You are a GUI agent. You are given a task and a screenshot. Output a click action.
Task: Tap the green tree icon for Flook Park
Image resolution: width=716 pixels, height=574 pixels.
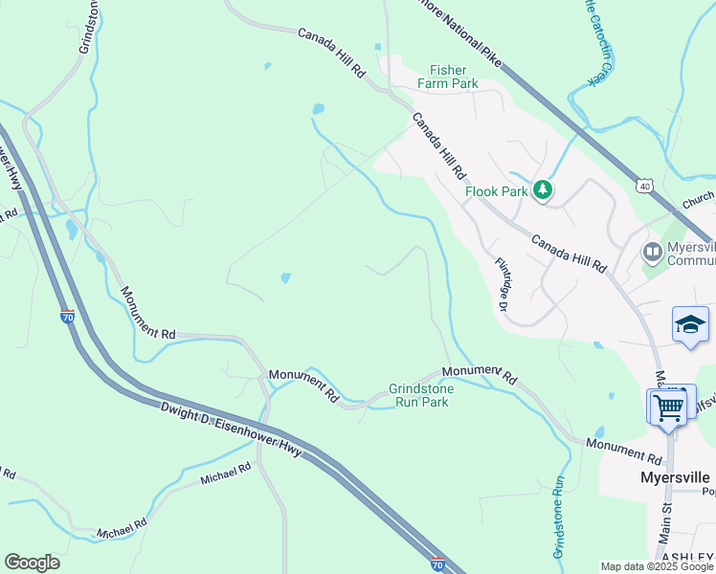tap(544, 190)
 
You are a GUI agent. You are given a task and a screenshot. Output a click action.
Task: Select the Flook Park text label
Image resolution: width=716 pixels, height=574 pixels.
tap(497, 191)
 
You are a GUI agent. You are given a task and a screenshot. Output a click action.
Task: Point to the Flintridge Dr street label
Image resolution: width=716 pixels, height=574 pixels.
tap(500, 283)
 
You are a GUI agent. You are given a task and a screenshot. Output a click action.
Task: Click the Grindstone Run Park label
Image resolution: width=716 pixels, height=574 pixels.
tap(422, 396)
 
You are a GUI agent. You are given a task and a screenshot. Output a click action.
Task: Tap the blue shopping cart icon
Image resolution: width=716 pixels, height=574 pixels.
tap(668, 408)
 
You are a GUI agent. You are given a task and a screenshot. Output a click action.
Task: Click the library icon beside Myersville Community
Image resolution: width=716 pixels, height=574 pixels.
tap(652, 253)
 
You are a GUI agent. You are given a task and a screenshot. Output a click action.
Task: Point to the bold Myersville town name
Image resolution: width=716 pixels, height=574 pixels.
tap(674, 477)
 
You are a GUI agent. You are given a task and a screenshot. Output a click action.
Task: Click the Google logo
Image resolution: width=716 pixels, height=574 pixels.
tap(32, 563)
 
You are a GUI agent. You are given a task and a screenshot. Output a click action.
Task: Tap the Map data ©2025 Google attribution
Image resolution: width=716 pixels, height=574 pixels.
tap(657, 566)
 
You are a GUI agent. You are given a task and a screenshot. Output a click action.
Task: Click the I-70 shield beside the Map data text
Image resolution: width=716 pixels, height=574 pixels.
tap(437, 564)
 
